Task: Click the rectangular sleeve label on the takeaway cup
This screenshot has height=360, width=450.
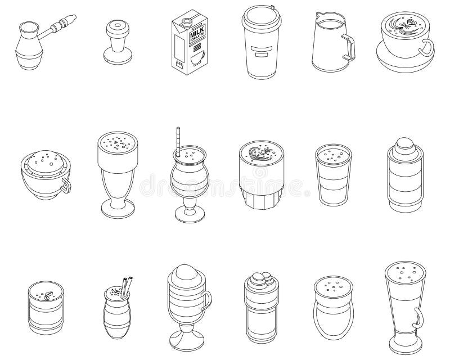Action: (x=262, y=54)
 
